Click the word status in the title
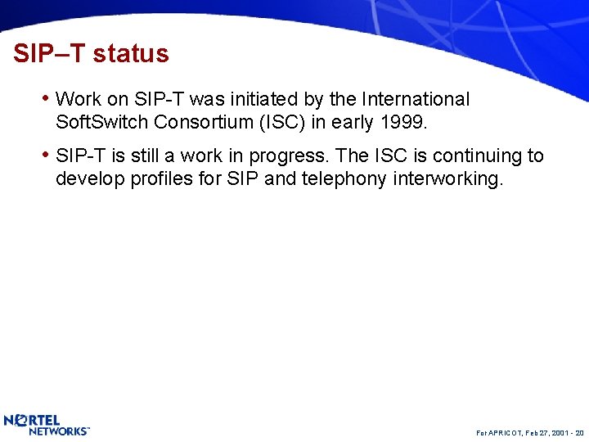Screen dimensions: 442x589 pos(131,54)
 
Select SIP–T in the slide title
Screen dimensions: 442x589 pos(49,54)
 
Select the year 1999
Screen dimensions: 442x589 pos(403,123)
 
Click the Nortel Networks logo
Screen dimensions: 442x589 pos(47,425)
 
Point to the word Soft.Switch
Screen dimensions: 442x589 pos(101,123)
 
